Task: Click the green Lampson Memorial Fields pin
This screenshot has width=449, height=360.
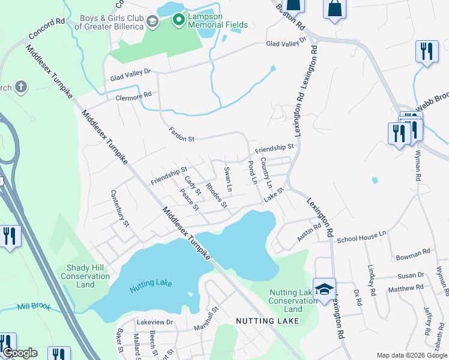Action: (x=178, y=20)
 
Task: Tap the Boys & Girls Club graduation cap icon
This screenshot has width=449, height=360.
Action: (x=152, y=22)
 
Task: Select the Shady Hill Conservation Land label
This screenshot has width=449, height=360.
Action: (x=85, y=276)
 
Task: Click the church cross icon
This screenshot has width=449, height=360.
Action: (x=20, y=88)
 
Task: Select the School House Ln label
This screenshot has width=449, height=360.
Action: (x=361, y=238)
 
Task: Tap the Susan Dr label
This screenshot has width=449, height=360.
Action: (x=411, y=275)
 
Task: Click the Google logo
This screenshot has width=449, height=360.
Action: (x=20, y=353)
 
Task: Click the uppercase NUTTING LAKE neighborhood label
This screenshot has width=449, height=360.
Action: (x=263, y=322)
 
